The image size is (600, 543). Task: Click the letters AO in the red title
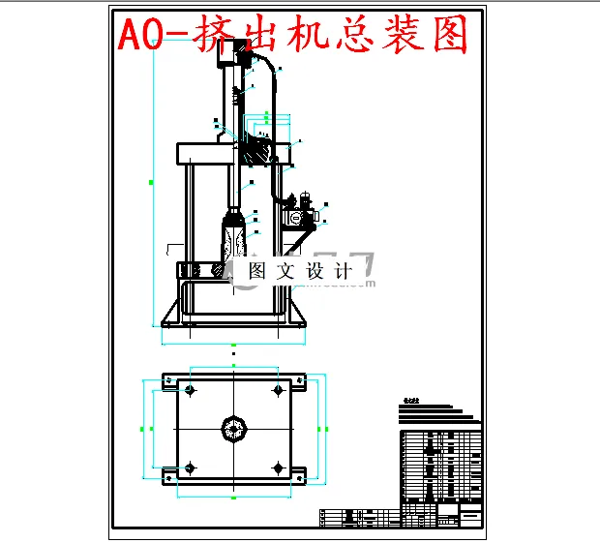click(140, 37)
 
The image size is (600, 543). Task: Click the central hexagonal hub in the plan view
click(234, 428)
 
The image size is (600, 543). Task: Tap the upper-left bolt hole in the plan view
click(190, 391)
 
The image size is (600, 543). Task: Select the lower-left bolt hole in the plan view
click(190, 467)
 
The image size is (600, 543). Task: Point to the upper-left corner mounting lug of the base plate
click(167, 383)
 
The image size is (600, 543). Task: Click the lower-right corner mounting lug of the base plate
click(300, 473)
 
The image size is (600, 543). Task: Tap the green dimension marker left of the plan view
click(143, 428)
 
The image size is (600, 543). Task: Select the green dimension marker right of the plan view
click(323, 428)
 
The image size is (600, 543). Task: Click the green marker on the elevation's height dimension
click(152, 181)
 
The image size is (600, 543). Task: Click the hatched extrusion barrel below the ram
click(234, 238)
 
